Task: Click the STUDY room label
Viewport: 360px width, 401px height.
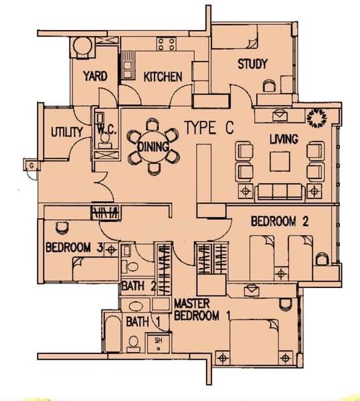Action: [252, 64]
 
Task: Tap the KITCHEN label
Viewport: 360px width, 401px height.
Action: [163, 77]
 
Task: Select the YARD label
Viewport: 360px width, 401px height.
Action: [95, 76]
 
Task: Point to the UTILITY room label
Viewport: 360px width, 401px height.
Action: [67, 132]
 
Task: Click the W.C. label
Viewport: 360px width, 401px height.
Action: [107, 130]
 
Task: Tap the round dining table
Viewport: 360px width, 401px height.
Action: [153, 147]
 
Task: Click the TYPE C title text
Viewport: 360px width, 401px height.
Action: [209, 128]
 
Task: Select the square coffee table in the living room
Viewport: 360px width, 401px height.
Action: [280, 161]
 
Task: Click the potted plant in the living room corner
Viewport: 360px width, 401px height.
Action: [317, 118]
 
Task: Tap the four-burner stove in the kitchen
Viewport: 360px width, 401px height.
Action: [166, 44]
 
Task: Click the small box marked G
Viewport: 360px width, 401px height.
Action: [31, 165]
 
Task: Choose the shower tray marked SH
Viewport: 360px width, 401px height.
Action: [158, 344]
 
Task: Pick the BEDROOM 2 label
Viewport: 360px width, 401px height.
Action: [280, 221]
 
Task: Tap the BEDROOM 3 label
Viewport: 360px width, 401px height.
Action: [74, 247]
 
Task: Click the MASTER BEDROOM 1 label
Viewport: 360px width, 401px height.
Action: [202, 309]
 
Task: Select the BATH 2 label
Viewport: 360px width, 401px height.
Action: [139, 286]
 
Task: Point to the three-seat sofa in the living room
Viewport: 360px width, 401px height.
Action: [280, 192]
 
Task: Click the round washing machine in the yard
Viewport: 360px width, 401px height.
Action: [82, 46]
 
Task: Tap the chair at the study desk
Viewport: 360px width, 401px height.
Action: [269, 86]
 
